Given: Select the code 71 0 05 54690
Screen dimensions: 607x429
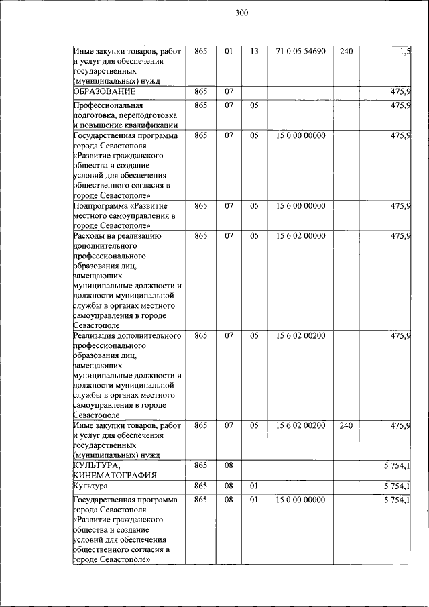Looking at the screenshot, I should tap(300, 51).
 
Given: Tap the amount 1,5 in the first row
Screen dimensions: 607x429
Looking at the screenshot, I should tap(405, 51).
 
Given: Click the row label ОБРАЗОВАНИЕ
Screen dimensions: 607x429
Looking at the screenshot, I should tap(105, 91).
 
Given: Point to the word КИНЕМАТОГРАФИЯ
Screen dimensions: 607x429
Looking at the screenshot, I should tap(115, 475).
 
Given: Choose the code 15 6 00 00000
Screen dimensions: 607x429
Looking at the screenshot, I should tap(300, 206).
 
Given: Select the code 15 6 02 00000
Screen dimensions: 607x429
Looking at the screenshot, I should tap(300, 236).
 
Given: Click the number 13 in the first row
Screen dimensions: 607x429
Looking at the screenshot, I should tap(254, 51).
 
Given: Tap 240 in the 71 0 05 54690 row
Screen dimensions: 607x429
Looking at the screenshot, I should tap(346, 51).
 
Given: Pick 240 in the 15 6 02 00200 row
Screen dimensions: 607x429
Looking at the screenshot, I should tap(346, 425).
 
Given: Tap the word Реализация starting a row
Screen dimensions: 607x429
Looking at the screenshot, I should tap(95, 335).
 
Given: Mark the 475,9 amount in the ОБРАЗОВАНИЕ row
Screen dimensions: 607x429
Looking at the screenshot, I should tap(401, 91).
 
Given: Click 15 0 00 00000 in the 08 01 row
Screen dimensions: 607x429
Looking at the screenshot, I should tap(300, 500).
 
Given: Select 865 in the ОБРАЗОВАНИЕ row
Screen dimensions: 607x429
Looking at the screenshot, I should tap(200, 91).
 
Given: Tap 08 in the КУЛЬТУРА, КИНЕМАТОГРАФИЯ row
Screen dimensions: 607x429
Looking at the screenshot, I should tap(229, 465).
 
